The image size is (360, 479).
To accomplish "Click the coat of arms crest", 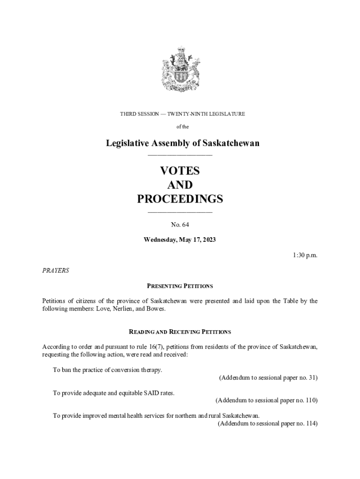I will point(180,70).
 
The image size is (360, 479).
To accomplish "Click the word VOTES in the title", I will point(180,171).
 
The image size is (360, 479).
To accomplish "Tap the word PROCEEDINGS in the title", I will point(180,199).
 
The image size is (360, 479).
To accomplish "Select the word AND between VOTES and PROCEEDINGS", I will point(180,185).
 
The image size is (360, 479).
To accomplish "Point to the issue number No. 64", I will point(180,225).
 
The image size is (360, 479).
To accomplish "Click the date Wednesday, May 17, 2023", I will point(180,240).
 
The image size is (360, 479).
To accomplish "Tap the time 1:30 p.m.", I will point(305,255).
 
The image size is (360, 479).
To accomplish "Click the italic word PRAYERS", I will point(56,270).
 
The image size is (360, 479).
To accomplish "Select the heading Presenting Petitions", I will point(180,286).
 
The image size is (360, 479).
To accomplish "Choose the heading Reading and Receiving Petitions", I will point(180,332).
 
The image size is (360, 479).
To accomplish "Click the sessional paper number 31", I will point(312,377).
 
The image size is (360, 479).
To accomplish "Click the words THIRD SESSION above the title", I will point(139,114).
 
